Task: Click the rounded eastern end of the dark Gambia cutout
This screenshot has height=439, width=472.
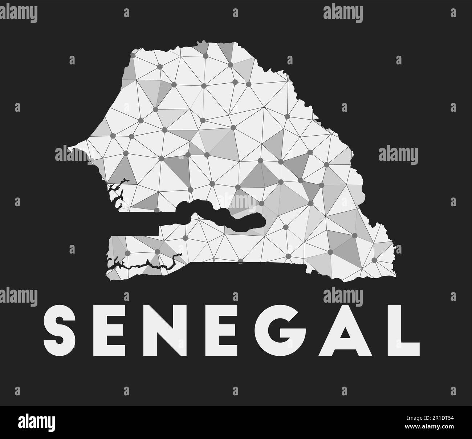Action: tap(261, 220)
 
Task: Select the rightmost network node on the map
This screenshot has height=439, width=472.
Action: tap(374, 260)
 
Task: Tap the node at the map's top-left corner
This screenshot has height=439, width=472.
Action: tap(133, 56)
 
